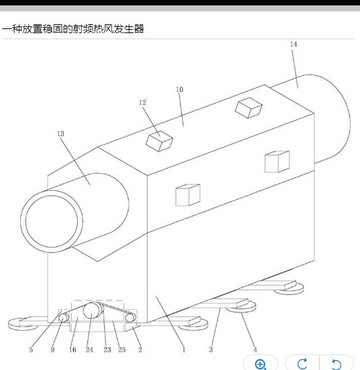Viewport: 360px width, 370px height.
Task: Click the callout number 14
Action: pos(294,45)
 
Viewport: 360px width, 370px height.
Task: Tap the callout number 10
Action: pos(179,90)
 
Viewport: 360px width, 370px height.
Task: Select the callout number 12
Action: pos(143,102)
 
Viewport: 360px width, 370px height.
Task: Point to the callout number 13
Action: pos(60,134)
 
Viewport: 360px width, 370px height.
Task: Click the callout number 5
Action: pos(31,350)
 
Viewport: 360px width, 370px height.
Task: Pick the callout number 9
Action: pos(52,350)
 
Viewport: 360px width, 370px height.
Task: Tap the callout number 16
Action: pos(72,350)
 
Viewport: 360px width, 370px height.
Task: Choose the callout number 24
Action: pos(89,350)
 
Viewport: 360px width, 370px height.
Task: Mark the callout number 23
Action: pos(107,350)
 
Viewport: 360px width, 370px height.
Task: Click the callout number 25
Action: pos(122,350)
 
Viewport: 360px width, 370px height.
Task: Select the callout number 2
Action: pos(140,350)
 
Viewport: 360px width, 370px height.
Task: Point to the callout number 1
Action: pos(183,350)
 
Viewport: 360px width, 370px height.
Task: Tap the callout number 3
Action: pos(211,350)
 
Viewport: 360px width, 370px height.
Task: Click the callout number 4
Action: pos(255,350)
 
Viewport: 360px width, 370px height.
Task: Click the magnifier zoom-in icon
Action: pos(261,365)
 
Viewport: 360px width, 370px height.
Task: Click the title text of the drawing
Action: pos(73,29)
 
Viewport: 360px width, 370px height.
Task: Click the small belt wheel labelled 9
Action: pos(63,318)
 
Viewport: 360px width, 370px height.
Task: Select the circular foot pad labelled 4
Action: pos(241,307)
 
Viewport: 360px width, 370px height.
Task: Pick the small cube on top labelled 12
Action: pos(159,141)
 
